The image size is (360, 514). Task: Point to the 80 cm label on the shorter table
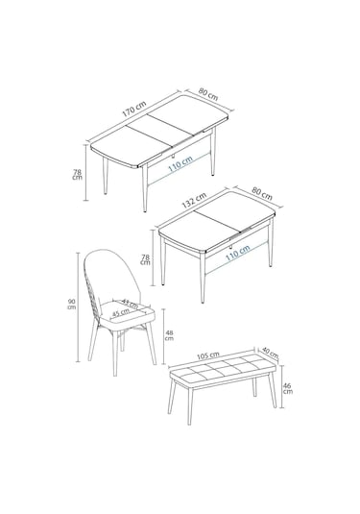pos(260,190)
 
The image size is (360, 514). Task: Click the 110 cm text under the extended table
pos(178,165)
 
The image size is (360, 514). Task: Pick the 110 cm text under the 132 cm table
pos(235,252)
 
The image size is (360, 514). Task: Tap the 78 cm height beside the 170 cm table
pos(78,174)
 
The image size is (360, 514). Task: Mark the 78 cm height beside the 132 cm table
pos(145,259)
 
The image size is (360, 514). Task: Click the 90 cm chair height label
pos(72,305)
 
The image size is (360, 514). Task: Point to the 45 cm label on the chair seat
pos(119,313)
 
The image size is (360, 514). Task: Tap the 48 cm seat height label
pos(169,334)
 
